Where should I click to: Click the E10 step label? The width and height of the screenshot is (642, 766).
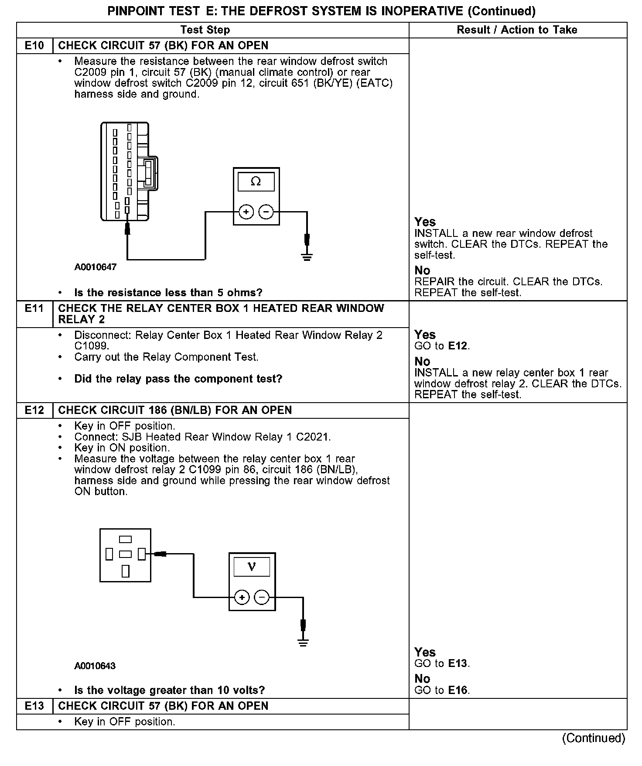34,46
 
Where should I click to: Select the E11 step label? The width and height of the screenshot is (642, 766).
34,308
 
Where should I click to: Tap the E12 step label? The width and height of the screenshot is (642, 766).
34,410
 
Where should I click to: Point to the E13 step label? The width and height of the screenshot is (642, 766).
34,706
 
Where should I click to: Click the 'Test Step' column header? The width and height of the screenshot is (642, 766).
205,30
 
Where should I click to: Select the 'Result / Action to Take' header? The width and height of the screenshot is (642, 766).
517,30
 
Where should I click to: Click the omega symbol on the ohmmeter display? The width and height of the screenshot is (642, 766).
256,181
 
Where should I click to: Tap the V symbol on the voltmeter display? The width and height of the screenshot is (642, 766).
252,567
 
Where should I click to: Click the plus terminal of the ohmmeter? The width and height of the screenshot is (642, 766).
246,212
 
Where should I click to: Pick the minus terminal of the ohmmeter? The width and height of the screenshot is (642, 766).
266,212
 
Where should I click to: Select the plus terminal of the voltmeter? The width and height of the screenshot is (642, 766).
242,598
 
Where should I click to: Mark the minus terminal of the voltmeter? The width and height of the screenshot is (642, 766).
262,598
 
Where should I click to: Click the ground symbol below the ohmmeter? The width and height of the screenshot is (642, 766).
307,256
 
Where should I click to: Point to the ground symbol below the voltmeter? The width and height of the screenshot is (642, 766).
303,642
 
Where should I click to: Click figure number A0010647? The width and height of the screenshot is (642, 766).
96,267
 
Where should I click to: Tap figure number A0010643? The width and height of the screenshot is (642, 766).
95,666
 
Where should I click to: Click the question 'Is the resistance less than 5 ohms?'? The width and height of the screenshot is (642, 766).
168,293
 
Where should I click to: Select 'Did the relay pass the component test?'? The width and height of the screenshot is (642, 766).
178,379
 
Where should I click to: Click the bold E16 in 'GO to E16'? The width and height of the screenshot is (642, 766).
458,690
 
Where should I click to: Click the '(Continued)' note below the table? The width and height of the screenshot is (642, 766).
593,738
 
